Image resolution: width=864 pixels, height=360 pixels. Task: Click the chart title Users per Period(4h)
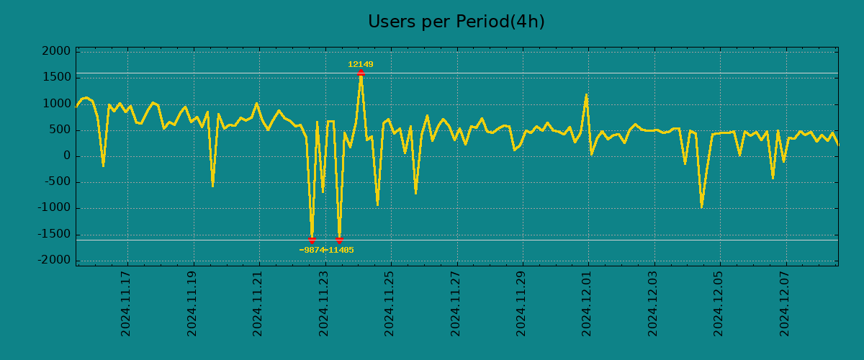[456, 22]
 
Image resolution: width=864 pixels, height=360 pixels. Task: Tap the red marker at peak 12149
[361, 73]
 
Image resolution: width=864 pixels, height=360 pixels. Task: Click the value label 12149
[361, 65]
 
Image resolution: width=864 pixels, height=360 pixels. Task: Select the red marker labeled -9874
[312, 240]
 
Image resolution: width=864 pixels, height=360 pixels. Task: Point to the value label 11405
[341, 251]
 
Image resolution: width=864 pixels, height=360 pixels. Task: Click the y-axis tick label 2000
[56, 52]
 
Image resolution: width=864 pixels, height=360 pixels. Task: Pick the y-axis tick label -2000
[54, 260]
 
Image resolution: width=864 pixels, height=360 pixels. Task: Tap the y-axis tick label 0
[66, 156]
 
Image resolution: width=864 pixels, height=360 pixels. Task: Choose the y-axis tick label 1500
[56, 78]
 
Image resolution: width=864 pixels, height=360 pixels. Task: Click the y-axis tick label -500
[57, 182]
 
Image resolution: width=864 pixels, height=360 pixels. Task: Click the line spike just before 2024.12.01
[586, 95]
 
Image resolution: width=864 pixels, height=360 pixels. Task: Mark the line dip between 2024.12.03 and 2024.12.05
[701, 207]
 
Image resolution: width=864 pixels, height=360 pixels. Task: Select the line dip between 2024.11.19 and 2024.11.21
[212, 186]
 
